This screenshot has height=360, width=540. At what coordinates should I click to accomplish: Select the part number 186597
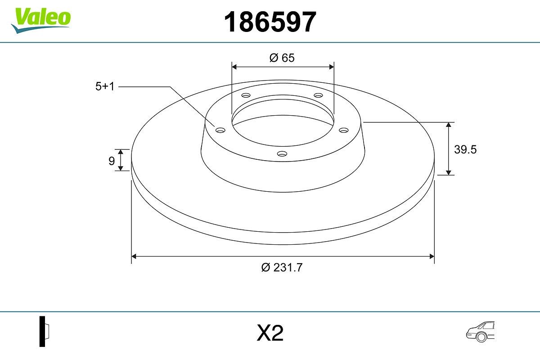[x=270, y=22]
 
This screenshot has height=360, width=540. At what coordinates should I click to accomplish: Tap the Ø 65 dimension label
[x=282, y=58]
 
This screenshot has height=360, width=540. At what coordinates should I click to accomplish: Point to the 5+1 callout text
[x=105, y=87]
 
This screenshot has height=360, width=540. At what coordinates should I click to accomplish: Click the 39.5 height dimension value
[x=465, y=149]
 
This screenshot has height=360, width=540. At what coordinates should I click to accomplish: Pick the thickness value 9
[x=112, y=161]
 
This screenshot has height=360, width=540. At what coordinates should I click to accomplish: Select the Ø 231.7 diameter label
[x=282, y=267]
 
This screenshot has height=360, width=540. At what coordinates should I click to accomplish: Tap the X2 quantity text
[x=270, y=333]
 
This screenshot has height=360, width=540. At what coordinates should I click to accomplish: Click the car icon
[x=480, y=332]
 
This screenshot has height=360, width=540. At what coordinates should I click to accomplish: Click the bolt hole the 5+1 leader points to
[x=220, y=130]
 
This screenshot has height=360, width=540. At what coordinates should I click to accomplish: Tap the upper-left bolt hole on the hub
[x=246, y=95]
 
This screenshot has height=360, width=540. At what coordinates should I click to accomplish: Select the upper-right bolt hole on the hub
[x=319, y=95]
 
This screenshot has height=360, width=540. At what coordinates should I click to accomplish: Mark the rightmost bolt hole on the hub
[x=344, y=130]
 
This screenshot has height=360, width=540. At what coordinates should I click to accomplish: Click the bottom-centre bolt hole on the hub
[x=282, y=153]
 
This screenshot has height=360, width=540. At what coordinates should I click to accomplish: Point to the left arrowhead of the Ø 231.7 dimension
[x=134, y=256]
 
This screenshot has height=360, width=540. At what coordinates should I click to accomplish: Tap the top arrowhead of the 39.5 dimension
[x=449, y=125]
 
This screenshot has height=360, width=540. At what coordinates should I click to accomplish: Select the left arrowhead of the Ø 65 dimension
[x=234, y=67]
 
